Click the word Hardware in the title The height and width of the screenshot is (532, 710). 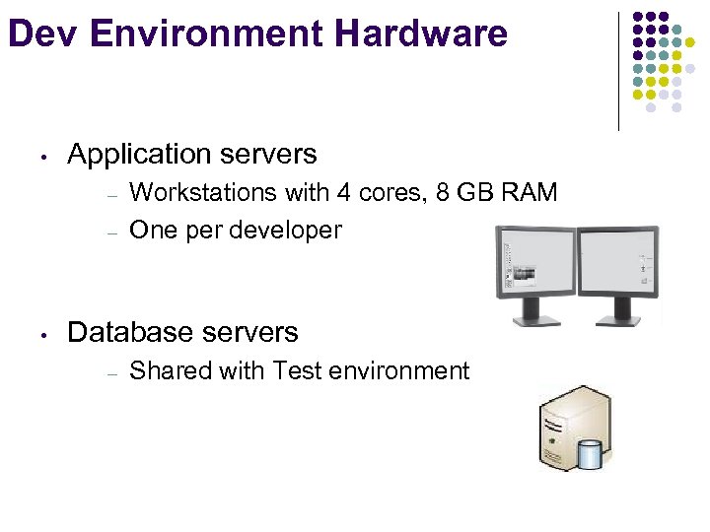pyautogui.click(x=421, y=33)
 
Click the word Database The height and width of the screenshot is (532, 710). pyautogui.click(x=133, y=332)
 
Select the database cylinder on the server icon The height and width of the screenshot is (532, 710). pyautogui.click(x=590, y=454)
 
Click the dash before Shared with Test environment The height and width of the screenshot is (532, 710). pyautogui.click(x=113, y=373)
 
